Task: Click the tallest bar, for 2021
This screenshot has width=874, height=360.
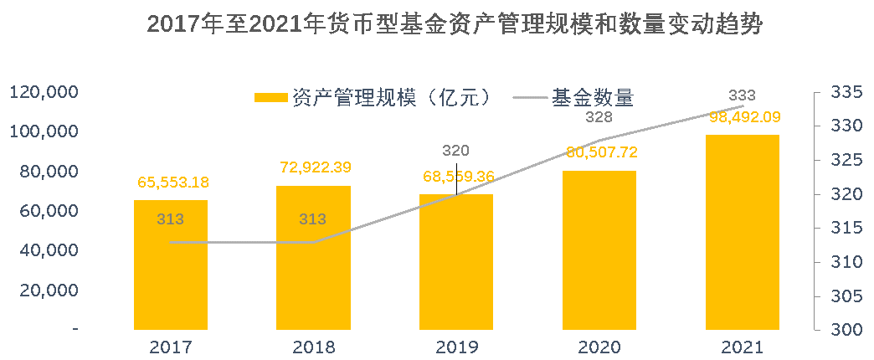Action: click(x=742, y=234)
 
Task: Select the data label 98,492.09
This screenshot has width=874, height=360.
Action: click(x=743, y=116)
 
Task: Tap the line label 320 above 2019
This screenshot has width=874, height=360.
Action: click(x=456, y=151)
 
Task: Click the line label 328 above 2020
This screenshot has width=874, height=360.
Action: click(x=599, y=117)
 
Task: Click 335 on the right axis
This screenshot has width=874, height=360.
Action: click(x=844, y=92)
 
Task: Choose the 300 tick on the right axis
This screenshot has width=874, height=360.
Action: click(x=844, y=330)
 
